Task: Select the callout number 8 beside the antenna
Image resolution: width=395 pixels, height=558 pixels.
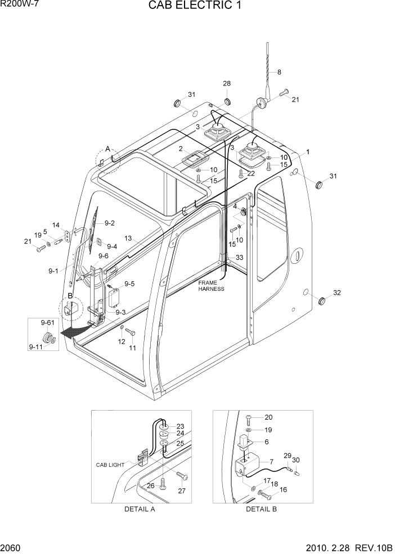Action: coord(279,72)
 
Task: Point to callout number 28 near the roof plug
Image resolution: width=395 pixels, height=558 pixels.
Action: coord(227,84)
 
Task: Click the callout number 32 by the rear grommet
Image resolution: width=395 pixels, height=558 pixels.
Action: coord(337,292)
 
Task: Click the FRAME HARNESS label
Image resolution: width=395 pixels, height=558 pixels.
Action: coord(211,285)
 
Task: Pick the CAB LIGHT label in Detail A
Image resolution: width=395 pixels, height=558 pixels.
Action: coord(110,465)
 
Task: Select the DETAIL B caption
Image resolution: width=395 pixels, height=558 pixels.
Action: coord(261,509)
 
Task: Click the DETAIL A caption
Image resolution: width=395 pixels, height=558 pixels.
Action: coord(139,509)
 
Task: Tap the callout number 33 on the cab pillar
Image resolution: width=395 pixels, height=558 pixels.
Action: coord(239,258)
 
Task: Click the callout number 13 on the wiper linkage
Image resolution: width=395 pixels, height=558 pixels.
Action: coord(128,238)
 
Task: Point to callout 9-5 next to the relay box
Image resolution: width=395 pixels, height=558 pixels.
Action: coord(129,284)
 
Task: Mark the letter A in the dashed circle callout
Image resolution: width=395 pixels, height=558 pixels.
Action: coord(107,148)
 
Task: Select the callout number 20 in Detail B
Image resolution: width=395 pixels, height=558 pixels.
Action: coord(268,417)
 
